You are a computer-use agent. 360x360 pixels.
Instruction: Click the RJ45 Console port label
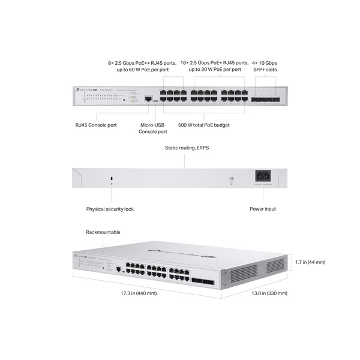pyautogui.click(x=95, y=125)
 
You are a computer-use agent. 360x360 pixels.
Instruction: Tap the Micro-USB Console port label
pyautogui.click(x=152, y=128)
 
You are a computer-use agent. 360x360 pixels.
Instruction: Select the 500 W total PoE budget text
pyautogui.click(x=204, y=125)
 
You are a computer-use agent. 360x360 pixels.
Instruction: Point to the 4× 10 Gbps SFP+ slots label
pyautogui.click(x=265, y=66)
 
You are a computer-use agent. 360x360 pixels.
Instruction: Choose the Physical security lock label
pyautogui.click(x=110, y=209)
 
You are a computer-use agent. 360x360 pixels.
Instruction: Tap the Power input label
pyautogui.click(x=263, y=209)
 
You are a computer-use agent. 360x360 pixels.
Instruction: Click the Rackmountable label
pyautogui.click(x=103, y=232)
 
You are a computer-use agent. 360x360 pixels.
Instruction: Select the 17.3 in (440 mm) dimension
pyautogui.click(x=139, y=293)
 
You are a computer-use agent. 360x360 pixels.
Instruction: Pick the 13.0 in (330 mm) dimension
pyautogui.click(x=269, y=293)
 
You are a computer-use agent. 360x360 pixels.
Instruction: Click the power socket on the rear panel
pyautogui.click(x=263, y=176)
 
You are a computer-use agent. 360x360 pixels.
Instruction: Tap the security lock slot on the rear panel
pyautogui.click(x=110, y=178)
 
